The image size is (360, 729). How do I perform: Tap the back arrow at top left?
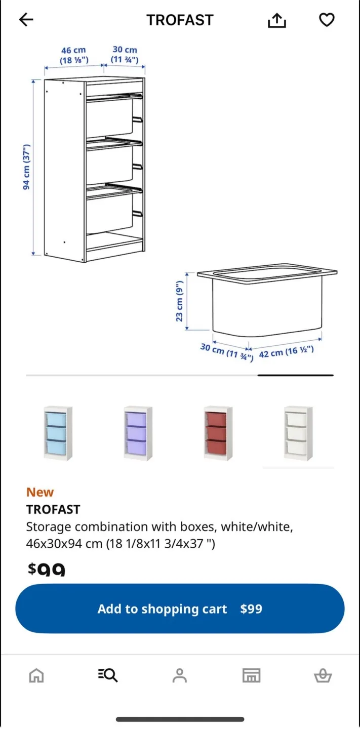tap(26, 20)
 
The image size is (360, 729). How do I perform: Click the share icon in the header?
tap(276, 20)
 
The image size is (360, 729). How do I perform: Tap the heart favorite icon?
tap(327, 20)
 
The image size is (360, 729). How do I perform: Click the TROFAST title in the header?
tap(180, 20)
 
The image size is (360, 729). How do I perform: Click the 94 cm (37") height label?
tap(27, 167)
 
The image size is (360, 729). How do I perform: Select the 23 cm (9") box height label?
tap(179, 302)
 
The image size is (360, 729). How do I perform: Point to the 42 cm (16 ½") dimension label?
tap(286, 351)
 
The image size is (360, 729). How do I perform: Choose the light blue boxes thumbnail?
tap(57, 433)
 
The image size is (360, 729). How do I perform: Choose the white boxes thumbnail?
tap(298, 433)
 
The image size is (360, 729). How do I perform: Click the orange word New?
tap(40, 492)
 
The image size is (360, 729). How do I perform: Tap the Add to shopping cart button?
tap(180, 609)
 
